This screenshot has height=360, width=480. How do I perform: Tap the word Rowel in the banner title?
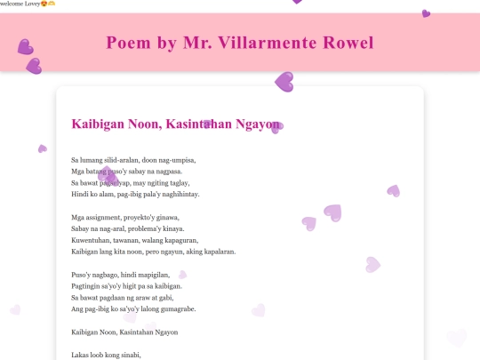348,43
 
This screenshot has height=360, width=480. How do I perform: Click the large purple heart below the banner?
284,82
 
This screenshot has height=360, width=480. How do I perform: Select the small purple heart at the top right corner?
426,13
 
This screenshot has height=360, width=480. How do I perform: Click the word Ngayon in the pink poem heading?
257,124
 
